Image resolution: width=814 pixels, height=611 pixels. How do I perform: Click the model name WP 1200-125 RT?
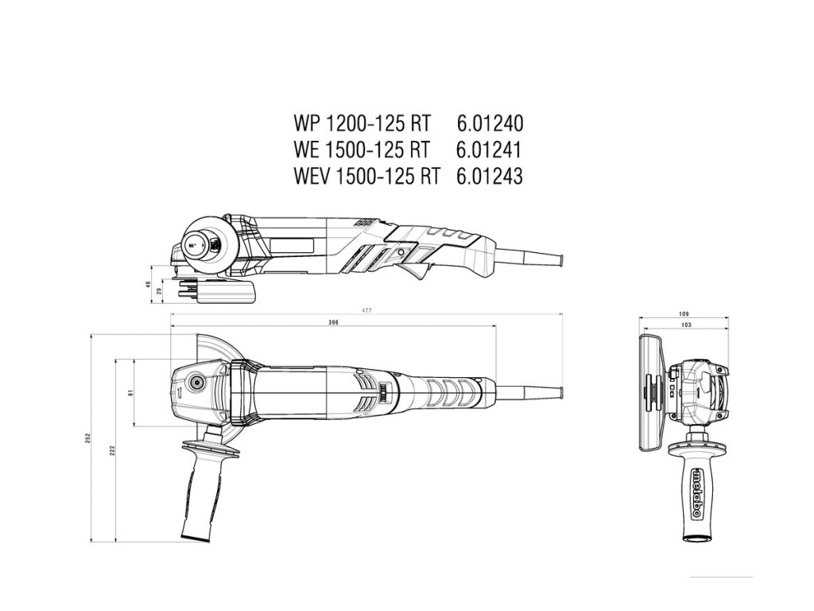[362, 125]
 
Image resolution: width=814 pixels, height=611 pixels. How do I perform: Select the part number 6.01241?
[490, 150]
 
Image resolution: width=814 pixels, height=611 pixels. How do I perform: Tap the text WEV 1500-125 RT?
[366, 176]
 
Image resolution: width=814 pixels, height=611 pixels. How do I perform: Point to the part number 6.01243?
[490, 176]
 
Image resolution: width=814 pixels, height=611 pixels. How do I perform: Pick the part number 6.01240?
[490, 125]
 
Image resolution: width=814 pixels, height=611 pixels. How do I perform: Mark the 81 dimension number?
[130, 392]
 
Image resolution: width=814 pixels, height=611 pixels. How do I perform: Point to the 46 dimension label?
[149, 284]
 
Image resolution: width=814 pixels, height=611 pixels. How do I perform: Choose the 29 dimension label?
[161, 292]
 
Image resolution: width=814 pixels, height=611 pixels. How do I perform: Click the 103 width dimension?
[684, 325]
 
